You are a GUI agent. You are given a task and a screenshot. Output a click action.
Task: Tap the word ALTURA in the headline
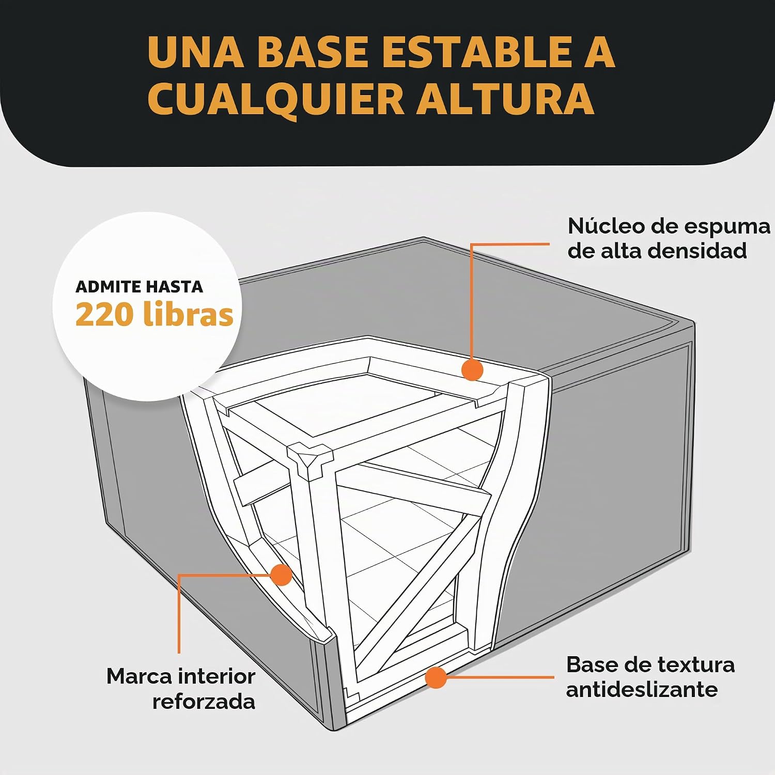505,98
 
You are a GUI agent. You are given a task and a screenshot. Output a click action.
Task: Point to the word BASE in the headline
313,52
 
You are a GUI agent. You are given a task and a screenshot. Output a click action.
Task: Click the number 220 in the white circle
106,315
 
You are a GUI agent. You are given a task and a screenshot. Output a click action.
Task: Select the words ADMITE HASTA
139,287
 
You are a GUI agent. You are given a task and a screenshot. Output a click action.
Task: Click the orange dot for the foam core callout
472,370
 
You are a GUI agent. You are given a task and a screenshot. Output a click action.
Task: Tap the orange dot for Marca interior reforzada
282,575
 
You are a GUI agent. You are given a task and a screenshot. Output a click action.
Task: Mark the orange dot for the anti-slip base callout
436,677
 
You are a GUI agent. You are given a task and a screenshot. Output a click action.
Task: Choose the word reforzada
204,702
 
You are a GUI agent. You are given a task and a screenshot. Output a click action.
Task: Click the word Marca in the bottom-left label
140,676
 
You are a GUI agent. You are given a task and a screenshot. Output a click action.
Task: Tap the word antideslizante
642,689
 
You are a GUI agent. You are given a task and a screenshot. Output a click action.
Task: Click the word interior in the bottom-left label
217,676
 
